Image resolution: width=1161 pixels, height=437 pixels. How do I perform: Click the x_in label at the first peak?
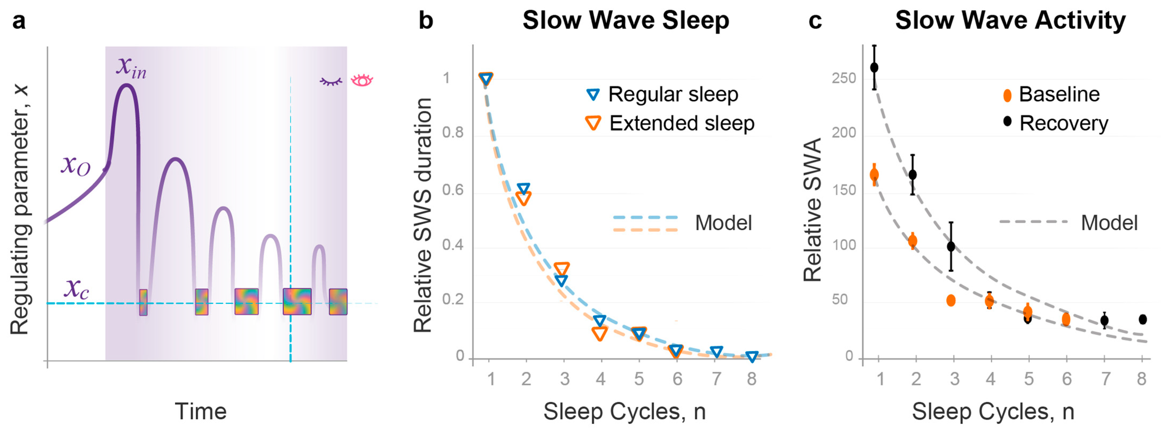pos(131,68)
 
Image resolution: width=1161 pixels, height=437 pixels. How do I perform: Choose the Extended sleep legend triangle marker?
pos(593,123)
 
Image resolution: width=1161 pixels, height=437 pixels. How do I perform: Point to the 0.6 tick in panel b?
pos(452,190)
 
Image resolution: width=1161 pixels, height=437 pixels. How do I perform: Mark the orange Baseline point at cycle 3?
pos(951,300)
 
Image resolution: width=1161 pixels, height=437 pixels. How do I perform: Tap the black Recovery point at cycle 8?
pos(1143,319)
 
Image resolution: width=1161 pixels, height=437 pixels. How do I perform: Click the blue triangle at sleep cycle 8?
pos(751,357)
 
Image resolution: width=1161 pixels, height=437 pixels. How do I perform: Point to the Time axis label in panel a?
pos(201,411)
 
